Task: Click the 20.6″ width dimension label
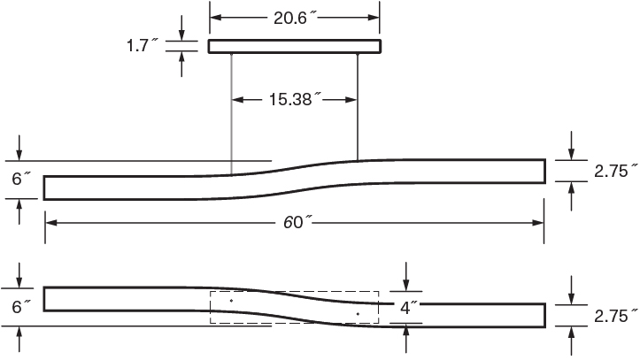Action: click(295, 16)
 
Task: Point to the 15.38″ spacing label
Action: click(294, 99)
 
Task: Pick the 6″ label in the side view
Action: click(21, 179)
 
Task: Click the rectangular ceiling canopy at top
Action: click(295, 46)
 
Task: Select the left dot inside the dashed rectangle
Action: click(231, 301)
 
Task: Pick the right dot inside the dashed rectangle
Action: click(358, 313)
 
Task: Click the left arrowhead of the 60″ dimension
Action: click(50, 222)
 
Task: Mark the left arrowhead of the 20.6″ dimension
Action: click(215, 16)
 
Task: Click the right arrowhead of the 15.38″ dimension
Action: click(352, 99)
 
